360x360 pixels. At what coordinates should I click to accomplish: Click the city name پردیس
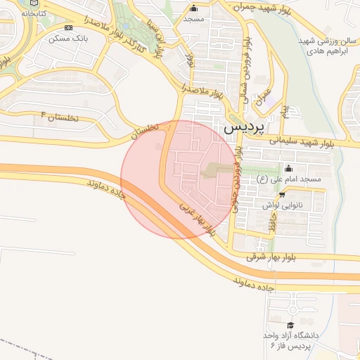coord(243,129)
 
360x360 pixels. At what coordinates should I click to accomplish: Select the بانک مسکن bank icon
coord(68,27)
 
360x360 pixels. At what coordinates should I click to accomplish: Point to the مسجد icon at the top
coord(194,8)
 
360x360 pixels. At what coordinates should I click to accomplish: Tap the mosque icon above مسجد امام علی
coord(288,169)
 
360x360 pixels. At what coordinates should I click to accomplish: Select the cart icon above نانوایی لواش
coord(282,195)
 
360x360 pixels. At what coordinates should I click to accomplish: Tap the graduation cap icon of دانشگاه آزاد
coord(291,324)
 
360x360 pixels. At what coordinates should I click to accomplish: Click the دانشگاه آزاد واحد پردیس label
coord(291,340)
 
